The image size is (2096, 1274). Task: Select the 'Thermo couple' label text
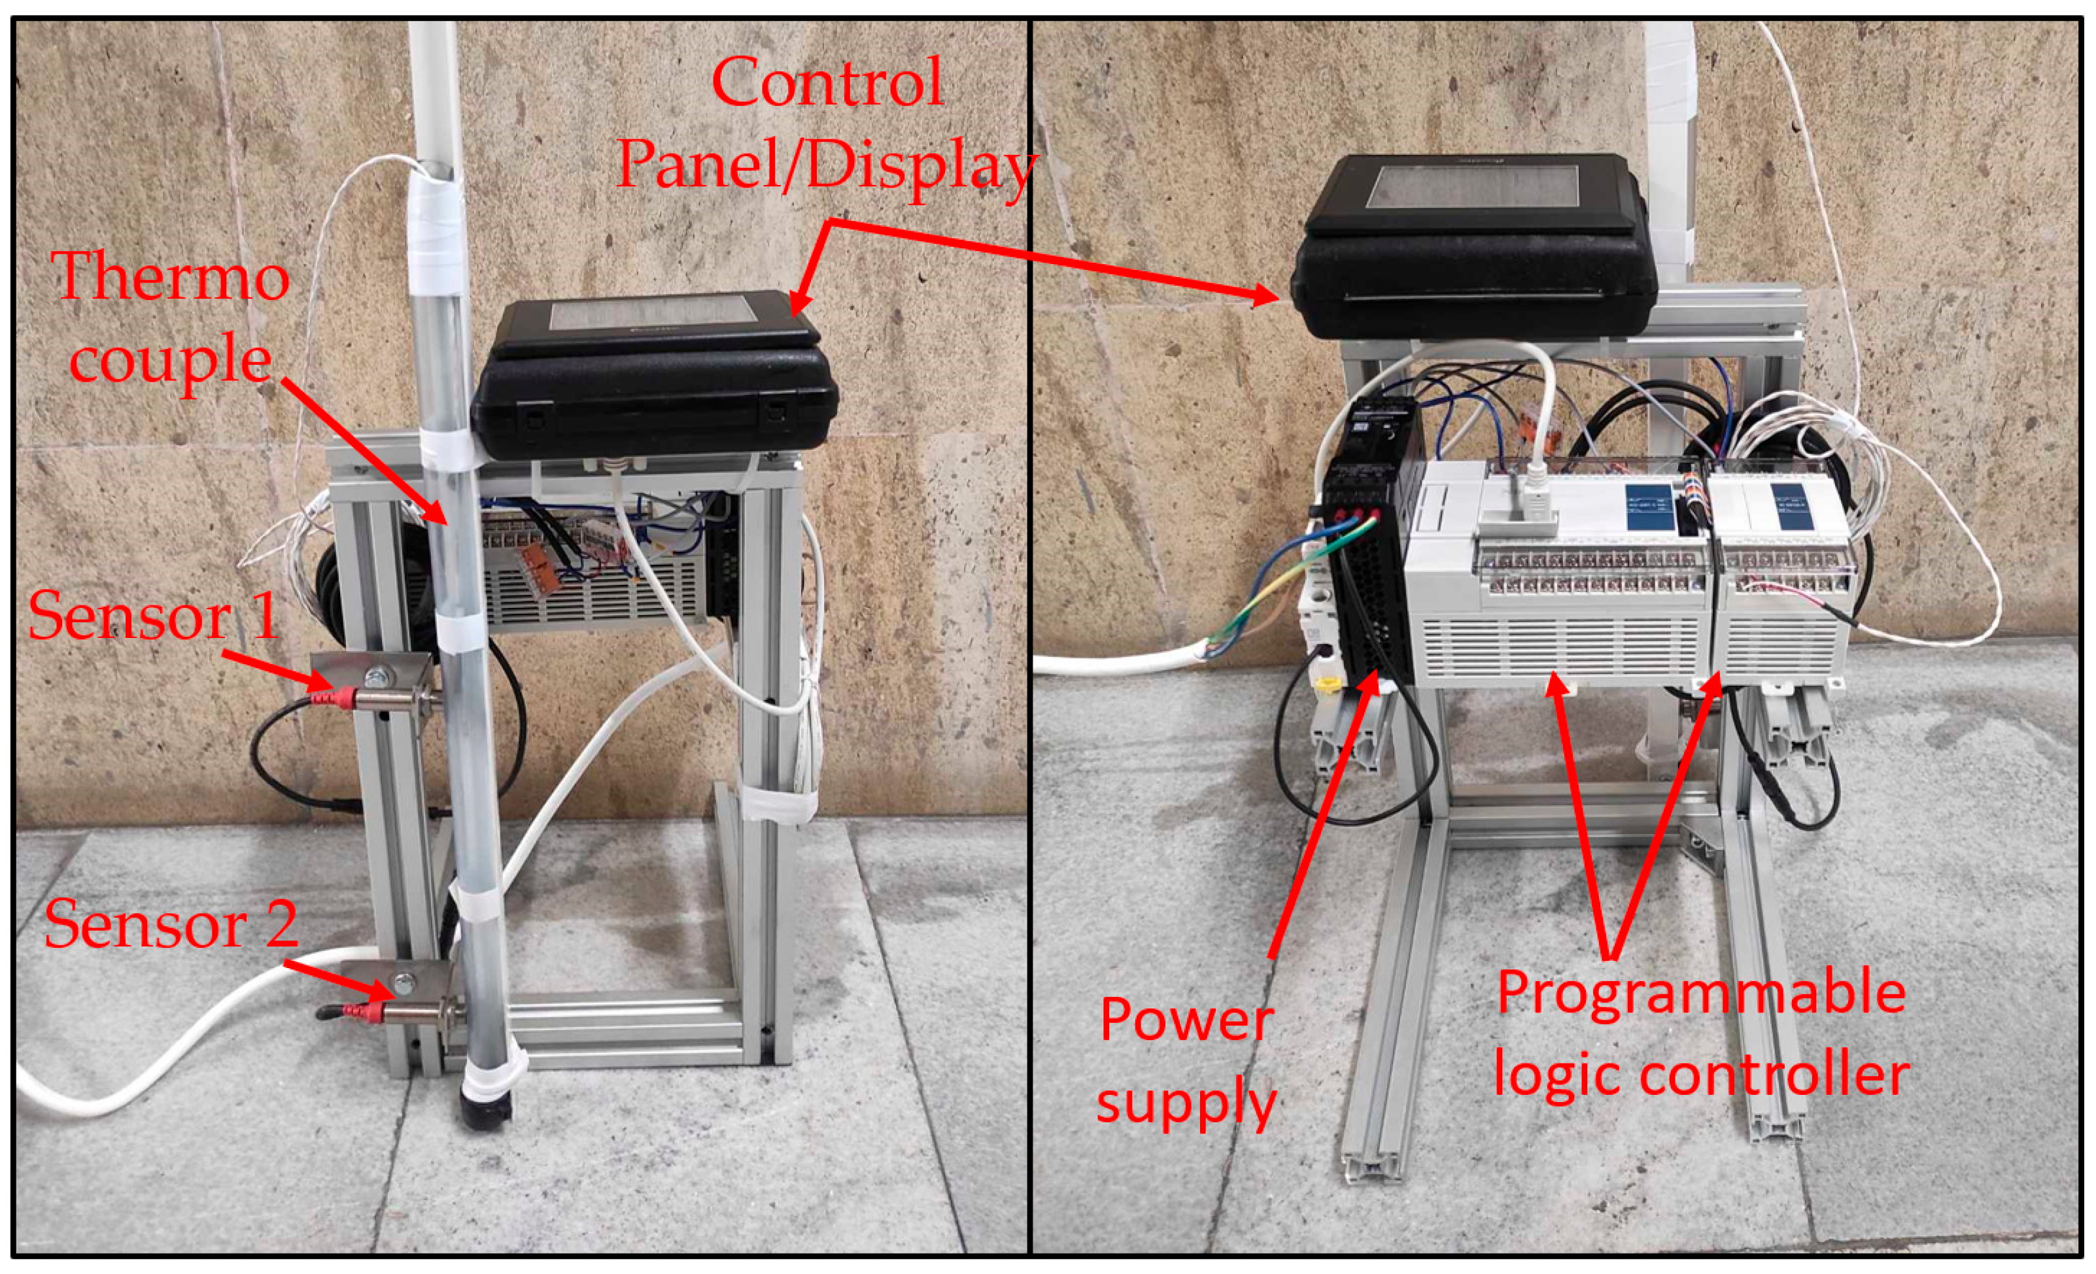pyautogui.click(x=173, y=318)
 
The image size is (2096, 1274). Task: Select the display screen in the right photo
pyautogui.click(x=1477, y=198)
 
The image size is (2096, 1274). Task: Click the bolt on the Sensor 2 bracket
pyautogui.click(x=404, y=981)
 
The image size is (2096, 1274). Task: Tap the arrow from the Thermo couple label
pyautogui.click(x=363, y=451)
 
